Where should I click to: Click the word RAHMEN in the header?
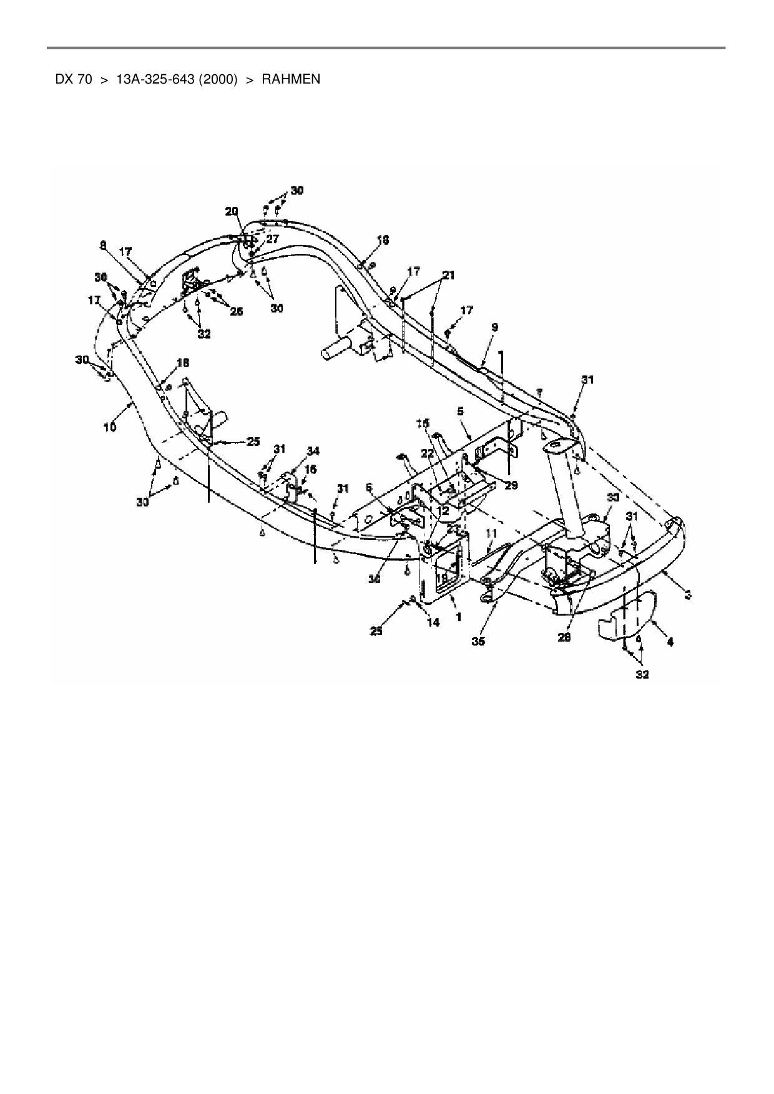click(x=291, y=79)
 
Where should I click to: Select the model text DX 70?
click(x=74, y=79)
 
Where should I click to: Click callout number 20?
click(x=232, y=211)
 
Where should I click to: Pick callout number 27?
click(x=272, y=238)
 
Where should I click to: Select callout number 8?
click(x=103, y=246)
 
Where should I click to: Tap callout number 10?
click(x=110, y=427)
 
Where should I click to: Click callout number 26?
click(x=236, y=311)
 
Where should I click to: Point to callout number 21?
click(x=449, y=275)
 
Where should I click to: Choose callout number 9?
click(x=494, y=327)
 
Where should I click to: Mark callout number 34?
click(x=313, y=450)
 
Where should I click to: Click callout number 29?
click(x=511, y=484)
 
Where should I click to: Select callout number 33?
click(x=613, y=497)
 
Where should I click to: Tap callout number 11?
click(x=491, y=533)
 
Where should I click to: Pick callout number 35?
click(x=478, y=641)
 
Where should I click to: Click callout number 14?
click(x=433, y=622)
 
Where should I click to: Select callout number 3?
click(x=687, y=595)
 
